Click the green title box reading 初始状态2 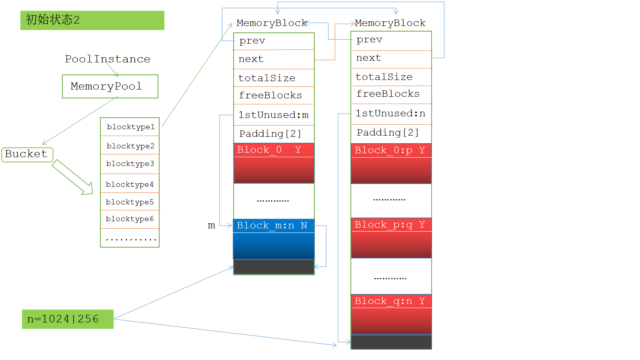tap(92, 20)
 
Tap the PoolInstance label tap(108, 59)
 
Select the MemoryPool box tap(110, 86)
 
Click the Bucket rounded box tap(27, 154)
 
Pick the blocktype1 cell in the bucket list tap(130, 127)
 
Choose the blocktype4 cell tap(130, 184)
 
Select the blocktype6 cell tap(130, 219)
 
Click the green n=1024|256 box tap(68, 319)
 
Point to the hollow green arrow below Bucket tap(72, 177)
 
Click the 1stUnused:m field tap(274, 115)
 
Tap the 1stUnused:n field tap(391, 114)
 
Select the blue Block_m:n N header tap(274, 226)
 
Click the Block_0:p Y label tap(391, 150)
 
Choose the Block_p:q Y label tap(391, 225)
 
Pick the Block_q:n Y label tap(391, 301)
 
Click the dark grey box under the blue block tap(274, 267)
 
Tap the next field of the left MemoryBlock tap(274, 59)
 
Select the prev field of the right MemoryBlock tap(391, 40)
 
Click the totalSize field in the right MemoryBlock tap(391, 77)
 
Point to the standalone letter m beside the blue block tap(212, 226)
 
